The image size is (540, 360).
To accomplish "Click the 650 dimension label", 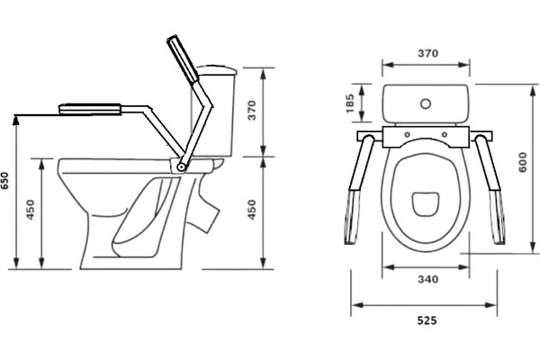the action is point(4,181).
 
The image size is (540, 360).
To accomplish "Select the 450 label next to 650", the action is point(31,210).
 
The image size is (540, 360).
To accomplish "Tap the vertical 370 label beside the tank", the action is point(252,110).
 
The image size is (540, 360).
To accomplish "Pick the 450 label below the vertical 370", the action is point(252,210).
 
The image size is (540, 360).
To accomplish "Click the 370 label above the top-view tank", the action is point(428,53).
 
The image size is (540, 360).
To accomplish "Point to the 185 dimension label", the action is point(350,103).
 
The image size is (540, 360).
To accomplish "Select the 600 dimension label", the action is point(522,162).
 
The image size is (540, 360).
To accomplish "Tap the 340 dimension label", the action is point(428,279).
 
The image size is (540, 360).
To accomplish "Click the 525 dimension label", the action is point(427,320).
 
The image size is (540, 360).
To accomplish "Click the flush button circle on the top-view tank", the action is point(426,103).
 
